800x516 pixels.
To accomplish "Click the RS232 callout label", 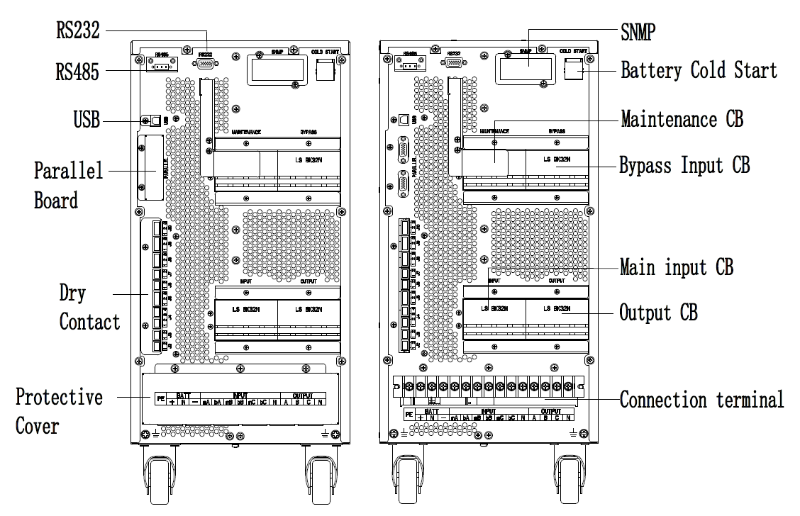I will [77, 30].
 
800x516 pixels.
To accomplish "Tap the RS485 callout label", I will [78, 72].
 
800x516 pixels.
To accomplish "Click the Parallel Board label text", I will [68, 185].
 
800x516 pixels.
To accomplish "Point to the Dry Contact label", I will [89, 307].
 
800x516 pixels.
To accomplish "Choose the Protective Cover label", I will [59, 411].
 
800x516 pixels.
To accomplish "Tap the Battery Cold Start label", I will [699, 71].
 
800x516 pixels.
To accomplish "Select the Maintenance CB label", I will [682, 119].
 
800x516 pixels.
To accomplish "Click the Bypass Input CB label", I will [684, 166].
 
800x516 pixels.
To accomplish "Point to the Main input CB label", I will [676, 267].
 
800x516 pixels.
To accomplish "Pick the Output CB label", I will [658, 313].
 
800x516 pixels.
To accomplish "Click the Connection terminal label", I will [701, 400].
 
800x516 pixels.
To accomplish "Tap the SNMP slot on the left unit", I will [277, 69].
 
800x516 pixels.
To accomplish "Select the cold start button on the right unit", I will [573, 69].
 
